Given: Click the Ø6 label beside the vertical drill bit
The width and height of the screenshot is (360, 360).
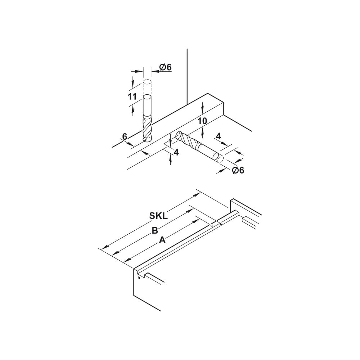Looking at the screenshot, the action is (x=166, y=67).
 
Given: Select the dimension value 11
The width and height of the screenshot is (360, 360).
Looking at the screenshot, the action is (x=132, y=96).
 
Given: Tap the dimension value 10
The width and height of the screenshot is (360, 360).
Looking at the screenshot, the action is (x=202, y=121).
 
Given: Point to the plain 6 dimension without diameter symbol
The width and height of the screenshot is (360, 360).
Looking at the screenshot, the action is (x=125, y=137).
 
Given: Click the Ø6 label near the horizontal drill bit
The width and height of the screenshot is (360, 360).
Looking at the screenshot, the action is (x=238, y=170).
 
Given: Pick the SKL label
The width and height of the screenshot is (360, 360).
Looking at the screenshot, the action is (x=158, y=216).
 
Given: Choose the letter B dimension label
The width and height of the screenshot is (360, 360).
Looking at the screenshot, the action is (x=155, y=230).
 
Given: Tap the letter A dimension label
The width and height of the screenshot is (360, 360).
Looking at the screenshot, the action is (x=162, y=240).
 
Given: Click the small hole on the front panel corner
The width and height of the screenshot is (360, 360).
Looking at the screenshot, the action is (x=139, y=278).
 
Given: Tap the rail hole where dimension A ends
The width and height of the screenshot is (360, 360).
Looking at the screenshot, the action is (x=212, y=226).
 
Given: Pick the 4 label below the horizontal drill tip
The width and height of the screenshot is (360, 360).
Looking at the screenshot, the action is (x=176, y=152).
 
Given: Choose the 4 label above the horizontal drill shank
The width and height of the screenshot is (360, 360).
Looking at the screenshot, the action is (x=218, y=136).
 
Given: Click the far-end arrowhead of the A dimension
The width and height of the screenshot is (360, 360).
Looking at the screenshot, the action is (x=195, y=221).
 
